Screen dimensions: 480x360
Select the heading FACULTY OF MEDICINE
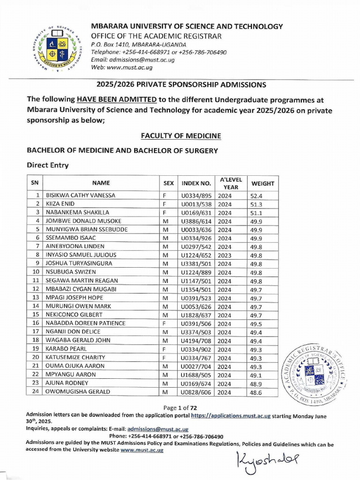[x=181, y=136]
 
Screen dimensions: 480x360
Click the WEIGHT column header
[x=262, y=183]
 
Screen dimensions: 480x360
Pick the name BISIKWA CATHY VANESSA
[x=80, y=195]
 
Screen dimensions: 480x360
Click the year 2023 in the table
[x=225, y=255]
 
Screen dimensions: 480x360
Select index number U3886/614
[x=196, y=221]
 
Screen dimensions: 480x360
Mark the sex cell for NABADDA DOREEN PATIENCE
[x=165, y=323]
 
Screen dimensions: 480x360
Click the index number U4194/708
[x=196, y=341]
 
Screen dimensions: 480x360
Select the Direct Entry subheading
[x=47, y=165]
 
